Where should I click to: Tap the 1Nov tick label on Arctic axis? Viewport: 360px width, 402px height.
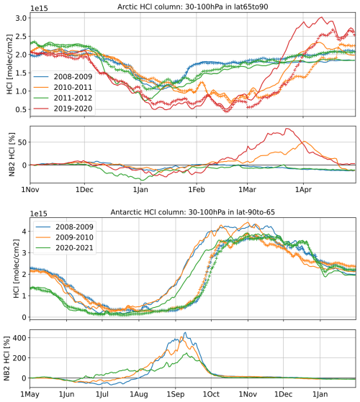pyautogui.click(x=30, y=190)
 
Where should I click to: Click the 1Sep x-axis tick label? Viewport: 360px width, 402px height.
pyautogui.click(x=175, y=393)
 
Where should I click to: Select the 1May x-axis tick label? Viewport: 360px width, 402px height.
pyautogui.click(x=30, y=393)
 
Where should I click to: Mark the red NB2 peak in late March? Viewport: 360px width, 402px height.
pyautogui.click(x=289, y=129)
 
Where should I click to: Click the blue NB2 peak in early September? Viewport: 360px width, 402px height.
pyautogui.click(x=185, y=333)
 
